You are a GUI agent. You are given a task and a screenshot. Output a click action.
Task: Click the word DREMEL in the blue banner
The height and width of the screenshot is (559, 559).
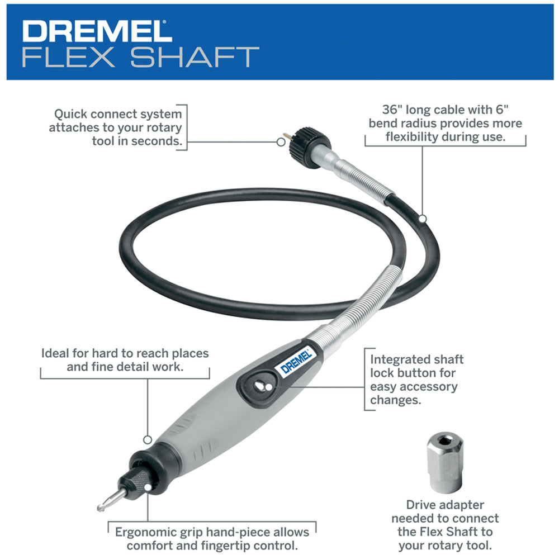click(x=96, y=31)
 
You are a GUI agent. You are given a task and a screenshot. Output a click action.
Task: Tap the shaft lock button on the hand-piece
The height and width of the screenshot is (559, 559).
click(x=260, y=386)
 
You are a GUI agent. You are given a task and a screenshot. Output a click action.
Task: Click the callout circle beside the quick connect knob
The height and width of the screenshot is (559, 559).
click(x=281, y=142)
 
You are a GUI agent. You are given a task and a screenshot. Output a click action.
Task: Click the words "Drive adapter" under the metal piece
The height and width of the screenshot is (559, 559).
click(x=445, y=505)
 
